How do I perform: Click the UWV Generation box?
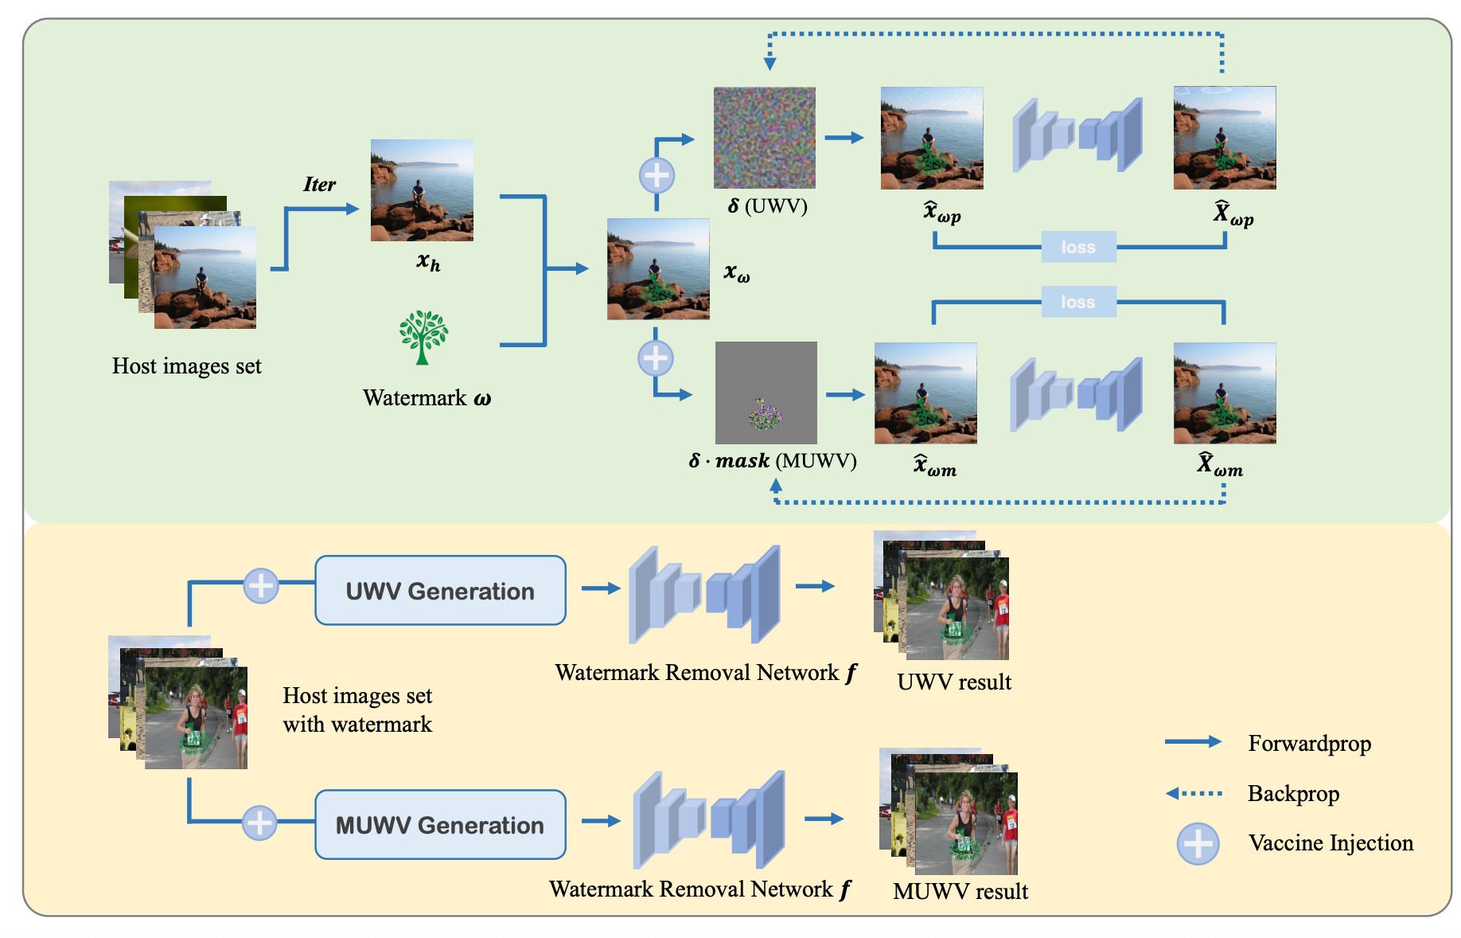coord(440,591)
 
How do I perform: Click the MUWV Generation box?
coord(440,825)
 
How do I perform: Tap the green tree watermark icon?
coord(423,338)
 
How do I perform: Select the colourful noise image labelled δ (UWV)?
coord(764,138)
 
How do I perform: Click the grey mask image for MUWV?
coord(766,393)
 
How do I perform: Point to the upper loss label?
coord(1078,247)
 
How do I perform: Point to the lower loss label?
coord(1078,302)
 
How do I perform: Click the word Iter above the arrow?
coord(320,185)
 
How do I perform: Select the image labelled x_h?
coord(422,190)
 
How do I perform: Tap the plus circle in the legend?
coord(1198,843)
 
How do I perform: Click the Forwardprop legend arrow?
coord(1193,742)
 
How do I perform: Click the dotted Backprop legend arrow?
coord(1194,793)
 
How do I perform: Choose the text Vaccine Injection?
coord(1330,843)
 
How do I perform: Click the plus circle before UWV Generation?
coord(260,586)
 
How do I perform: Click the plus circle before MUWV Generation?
coord(259,823)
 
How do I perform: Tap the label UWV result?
coord(954,682)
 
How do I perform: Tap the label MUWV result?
coord(960,892)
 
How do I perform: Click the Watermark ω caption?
coord(427,398)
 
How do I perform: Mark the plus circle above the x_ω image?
coord(656,175)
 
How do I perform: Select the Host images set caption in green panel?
coord(186,366)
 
